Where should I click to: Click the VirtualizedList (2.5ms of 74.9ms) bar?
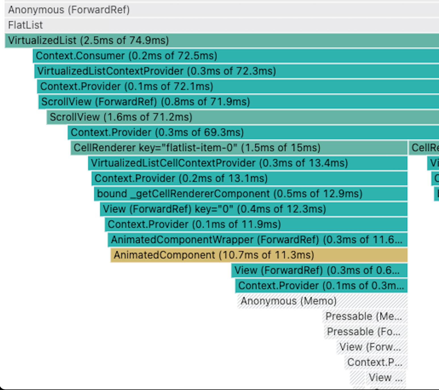[221, 40]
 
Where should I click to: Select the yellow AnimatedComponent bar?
[259, 255]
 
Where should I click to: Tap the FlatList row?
[221, 25]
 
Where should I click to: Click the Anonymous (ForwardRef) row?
[221, 10]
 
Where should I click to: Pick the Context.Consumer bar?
[236, 56]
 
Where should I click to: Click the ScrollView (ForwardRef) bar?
[239, 102]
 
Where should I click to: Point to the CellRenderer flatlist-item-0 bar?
[239, 148]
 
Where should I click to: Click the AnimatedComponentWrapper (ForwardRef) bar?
[257, 240]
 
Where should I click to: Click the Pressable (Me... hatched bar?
[365, 316]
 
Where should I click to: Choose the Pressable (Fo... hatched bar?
[365, 332]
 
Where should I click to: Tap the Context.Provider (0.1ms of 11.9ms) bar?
[256, 224]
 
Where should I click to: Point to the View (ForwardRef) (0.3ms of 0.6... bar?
[319, 270]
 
